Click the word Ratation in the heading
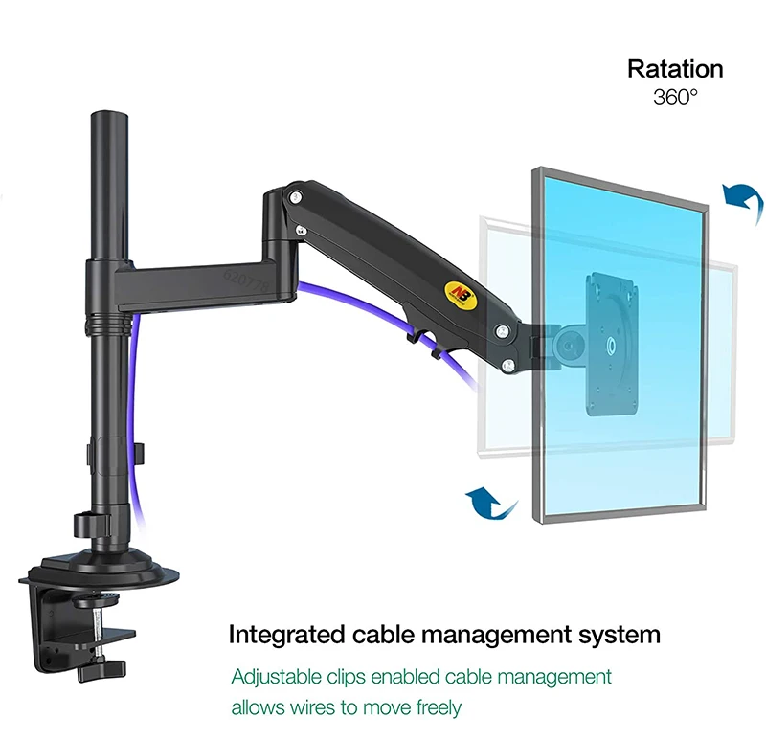click(675, 69)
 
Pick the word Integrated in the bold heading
click(283, 635)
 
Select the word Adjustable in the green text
click(278, 677)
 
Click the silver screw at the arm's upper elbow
click(299, 197)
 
